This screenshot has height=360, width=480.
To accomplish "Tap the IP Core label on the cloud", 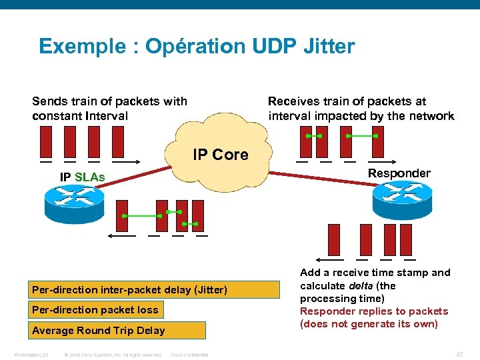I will coord(221,155).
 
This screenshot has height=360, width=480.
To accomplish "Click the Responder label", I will coord(399,173).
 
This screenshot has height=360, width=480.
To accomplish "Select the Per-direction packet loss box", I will coord(95,309).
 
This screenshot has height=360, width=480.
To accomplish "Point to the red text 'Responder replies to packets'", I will coord(374,311).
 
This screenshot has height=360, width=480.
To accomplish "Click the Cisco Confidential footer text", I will coord(189,355).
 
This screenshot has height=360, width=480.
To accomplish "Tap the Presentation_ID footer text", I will coord(31,355).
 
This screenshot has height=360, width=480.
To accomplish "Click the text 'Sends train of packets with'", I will coord(109,101).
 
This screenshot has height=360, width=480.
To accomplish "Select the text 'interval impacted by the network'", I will coord(361,116).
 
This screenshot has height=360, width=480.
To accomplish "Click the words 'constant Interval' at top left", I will coord(80,116).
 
